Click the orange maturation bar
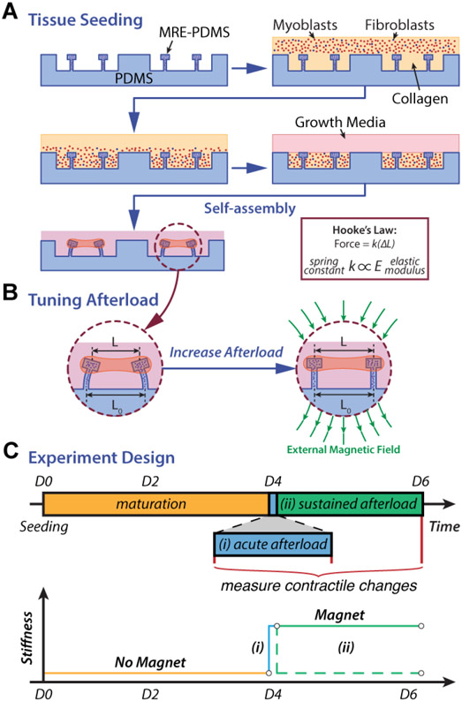pyautogui.click(x=154, y=503)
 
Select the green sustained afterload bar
pyautogui.click(x=346, y=503)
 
